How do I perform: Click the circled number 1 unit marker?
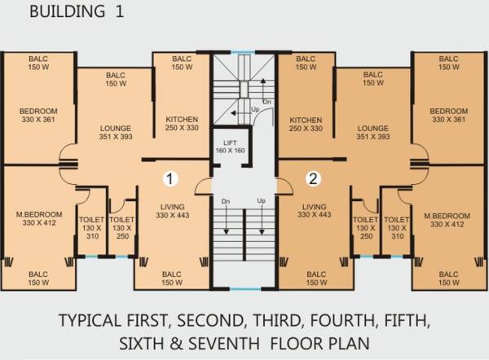[170, 178]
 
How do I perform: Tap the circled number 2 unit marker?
[313, 178]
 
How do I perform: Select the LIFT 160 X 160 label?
[230, 147]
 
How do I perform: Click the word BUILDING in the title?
[68, 11]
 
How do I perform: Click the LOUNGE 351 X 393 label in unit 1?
[116, 133]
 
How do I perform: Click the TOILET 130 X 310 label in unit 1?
[91, 228]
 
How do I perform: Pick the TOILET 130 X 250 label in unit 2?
[366, 228]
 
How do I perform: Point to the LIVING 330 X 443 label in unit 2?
[315, 211]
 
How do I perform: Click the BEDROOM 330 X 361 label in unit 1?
[38, 116]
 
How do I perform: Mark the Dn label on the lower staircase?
[226, 201]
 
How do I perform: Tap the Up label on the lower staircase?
[262, 200]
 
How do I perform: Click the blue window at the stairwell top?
[243, 52]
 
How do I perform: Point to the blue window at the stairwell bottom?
[245, 289]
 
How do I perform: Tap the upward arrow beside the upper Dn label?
[263, 89]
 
